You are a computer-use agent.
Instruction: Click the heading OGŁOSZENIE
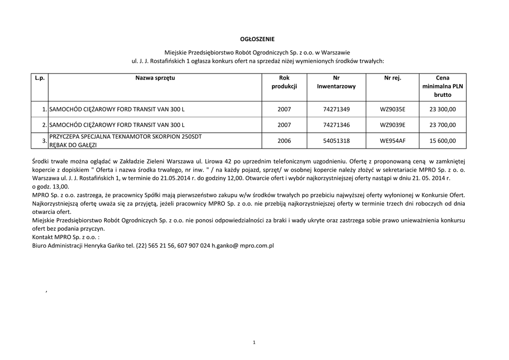click(x=254, y=39)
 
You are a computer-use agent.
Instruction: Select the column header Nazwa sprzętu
click(x=155, y=78)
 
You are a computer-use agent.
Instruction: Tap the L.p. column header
click(x=40, y=78)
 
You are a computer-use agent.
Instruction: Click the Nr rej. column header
click(x=392, y=78)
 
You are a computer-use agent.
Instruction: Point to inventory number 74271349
click(x=336, y=109)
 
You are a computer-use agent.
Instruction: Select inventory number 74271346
click(x=336, y=125)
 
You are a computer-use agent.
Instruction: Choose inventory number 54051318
click(x=336, y=141)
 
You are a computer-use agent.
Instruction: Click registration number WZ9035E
click(x=392, y=109)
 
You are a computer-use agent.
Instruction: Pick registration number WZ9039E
click(x=392, y=125)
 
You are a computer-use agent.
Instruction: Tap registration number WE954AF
click(x=392, y=141)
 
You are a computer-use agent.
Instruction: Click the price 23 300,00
click(x=442, y=109)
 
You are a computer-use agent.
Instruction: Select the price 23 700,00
click(x=442, y=125)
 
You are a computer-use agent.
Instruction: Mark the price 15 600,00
click(x=442, y=141)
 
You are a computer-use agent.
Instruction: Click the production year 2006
click(x=284, y=141)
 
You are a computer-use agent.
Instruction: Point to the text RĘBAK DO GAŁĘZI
click(x=73, y=145)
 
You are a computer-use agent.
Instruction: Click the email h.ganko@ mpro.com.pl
click(x=243, y=246)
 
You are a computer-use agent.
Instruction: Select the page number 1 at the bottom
click(x=254, y=342)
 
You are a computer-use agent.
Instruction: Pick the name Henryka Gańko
click(x=102, y=246)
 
